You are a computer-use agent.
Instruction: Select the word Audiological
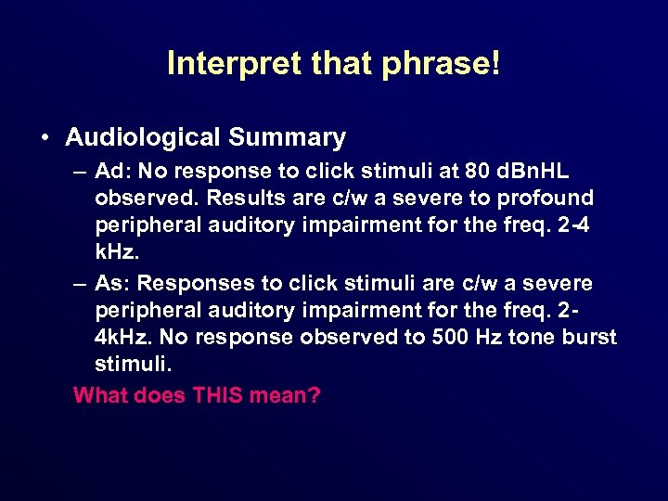[x=143, y=137]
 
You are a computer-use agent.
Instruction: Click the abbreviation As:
[x=111, y=283]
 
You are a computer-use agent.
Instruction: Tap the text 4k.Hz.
[x=131, y=336]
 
